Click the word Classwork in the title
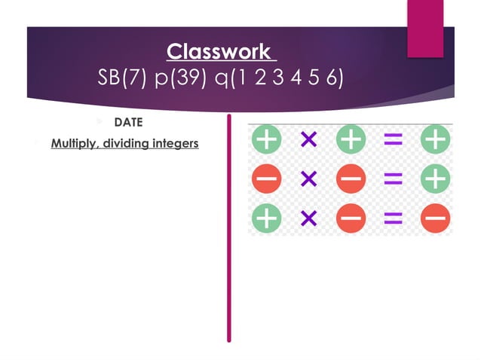coord(218,52)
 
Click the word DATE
coord(128,122)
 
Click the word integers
coord(174,142)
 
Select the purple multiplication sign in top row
coord(308,139)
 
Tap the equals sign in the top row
coord(393,139)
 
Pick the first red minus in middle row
coord(266,178)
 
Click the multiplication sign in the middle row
coord(308,178)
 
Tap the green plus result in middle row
coord(436,178)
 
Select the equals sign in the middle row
coord(393,178)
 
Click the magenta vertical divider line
coord(229,226)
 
